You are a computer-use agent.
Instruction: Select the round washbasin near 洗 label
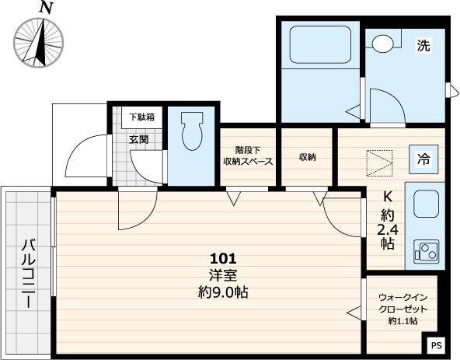pos(382,44)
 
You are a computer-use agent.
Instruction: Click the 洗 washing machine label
pos(423,46)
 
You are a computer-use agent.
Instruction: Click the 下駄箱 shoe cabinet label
pos(141,117)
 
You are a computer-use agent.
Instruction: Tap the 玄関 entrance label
pos(138,140)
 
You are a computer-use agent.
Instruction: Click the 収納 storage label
pos(307,156)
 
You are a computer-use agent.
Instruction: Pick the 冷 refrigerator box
pos(425,160)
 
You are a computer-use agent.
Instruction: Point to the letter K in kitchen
pos(386,197)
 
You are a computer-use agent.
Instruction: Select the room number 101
pos(222,258)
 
